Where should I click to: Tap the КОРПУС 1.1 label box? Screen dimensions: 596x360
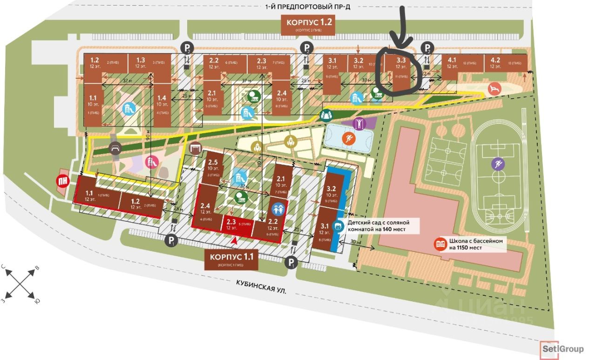pos(231,259)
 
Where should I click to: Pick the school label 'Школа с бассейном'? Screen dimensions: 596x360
pos(471,245)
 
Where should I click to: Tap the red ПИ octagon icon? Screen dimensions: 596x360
pos(63,181)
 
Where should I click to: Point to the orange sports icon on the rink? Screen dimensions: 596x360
pos(348,138)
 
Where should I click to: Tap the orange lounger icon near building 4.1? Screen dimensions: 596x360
pos(493,88)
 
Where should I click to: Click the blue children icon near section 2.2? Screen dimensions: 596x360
pos(278,208)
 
